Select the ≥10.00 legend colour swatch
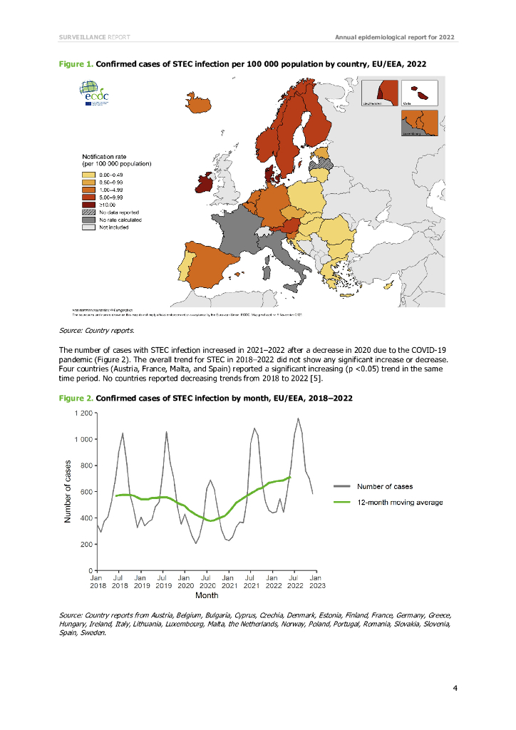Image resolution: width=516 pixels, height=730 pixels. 88,205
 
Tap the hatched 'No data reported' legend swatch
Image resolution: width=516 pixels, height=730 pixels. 88,212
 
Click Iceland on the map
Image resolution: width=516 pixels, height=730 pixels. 199,104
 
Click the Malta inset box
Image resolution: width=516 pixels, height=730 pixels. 418,93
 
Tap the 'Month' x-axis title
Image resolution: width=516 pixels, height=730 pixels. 207,595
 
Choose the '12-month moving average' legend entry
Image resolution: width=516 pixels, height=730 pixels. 400,503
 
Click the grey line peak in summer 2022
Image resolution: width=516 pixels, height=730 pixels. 299,418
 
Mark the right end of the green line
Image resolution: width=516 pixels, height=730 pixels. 290,476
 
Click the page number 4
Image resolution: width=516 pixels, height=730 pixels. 455,688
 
